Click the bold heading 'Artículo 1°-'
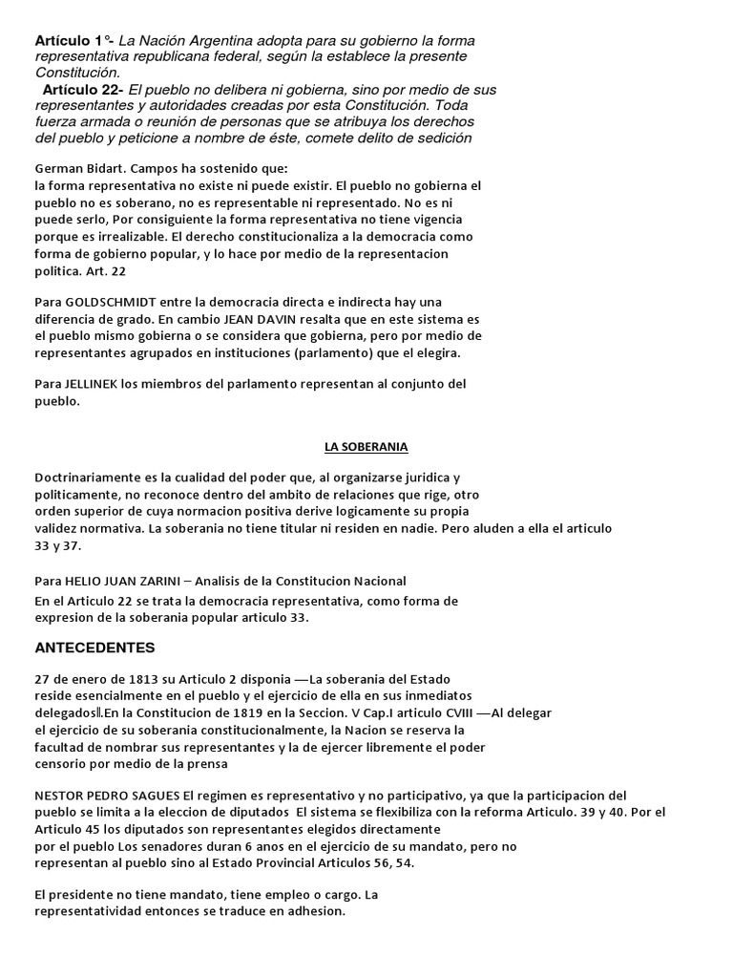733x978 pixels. [x=73, y=41]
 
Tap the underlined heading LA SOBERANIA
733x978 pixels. [x=366, y=447]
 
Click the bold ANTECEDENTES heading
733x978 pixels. [x=94, y=648]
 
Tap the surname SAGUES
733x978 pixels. [x=151, y=795]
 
